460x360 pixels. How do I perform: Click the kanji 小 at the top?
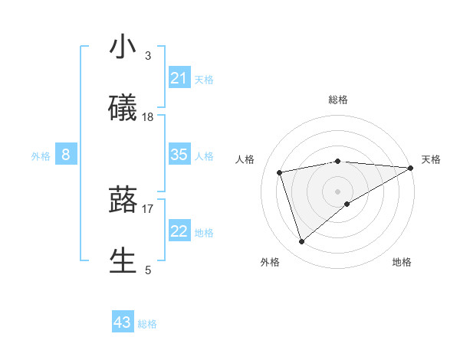click(123, 47)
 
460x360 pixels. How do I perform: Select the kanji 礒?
click(123, 107)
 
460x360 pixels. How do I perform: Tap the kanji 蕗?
click(123, 200)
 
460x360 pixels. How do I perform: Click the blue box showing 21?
click(179, 78)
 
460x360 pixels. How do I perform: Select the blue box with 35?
click(179, 155)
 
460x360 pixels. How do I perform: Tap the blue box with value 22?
click(179, 231)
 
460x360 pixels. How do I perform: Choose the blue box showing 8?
click(66, 155)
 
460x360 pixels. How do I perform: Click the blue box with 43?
click(123, 322)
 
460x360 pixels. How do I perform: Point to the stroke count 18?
click(148, 116)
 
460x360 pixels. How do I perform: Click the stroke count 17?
click(148, 208)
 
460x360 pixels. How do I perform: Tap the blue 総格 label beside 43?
click(147, 324)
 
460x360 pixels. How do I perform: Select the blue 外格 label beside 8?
click(41, 156)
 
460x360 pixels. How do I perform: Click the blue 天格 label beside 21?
click(204, 80)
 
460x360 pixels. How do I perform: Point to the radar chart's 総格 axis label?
click(338, 100)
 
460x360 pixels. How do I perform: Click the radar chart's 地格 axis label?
click(402, 262)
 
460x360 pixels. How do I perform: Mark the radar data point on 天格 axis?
click(412, 167)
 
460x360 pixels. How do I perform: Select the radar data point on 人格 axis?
click(280, 172)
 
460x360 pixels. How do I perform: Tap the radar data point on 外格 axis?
click(301, 242)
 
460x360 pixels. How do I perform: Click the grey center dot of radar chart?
click(338, 191)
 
